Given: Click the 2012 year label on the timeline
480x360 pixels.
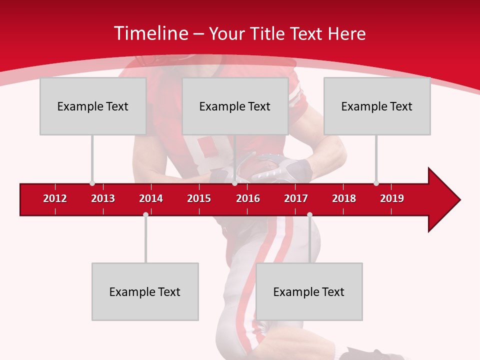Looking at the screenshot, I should tap(55, 198).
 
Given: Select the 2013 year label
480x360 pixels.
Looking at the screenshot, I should tap(103, 198).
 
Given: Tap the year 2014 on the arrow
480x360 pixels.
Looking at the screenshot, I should tap(151, 198).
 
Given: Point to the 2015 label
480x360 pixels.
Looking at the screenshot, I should tap(199, 198).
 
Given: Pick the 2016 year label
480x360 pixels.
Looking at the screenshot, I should tap(248, 198).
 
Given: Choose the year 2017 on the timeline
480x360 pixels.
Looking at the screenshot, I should tap(296, 198).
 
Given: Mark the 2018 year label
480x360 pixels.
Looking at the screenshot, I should tap(344, 198).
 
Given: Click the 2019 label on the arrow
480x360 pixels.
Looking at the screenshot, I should tap(392, 198).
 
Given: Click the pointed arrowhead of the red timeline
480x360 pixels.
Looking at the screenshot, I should tap(445, 200).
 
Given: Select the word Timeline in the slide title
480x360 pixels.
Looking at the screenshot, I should tap(150, 33).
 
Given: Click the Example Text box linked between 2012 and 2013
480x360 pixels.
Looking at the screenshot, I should tap(93, 106).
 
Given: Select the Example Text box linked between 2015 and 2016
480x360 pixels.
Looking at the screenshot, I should tap(235, 106).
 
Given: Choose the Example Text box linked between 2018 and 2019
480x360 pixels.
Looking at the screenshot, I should tap(377, 106).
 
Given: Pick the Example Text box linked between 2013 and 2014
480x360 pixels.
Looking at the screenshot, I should tap(145, 291).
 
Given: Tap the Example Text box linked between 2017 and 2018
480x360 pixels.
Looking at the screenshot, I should tap(309, 291).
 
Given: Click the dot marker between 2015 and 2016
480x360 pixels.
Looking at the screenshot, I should tap(234, 183).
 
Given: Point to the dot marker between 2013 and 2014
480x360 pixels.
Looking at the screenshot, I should tap(145, 214).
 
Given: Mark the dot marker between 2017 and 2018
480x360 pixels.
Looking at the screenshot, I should tap(309, 214).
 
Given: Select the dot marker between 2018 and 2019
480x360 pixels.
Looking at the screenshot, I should tap(376, 183).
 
